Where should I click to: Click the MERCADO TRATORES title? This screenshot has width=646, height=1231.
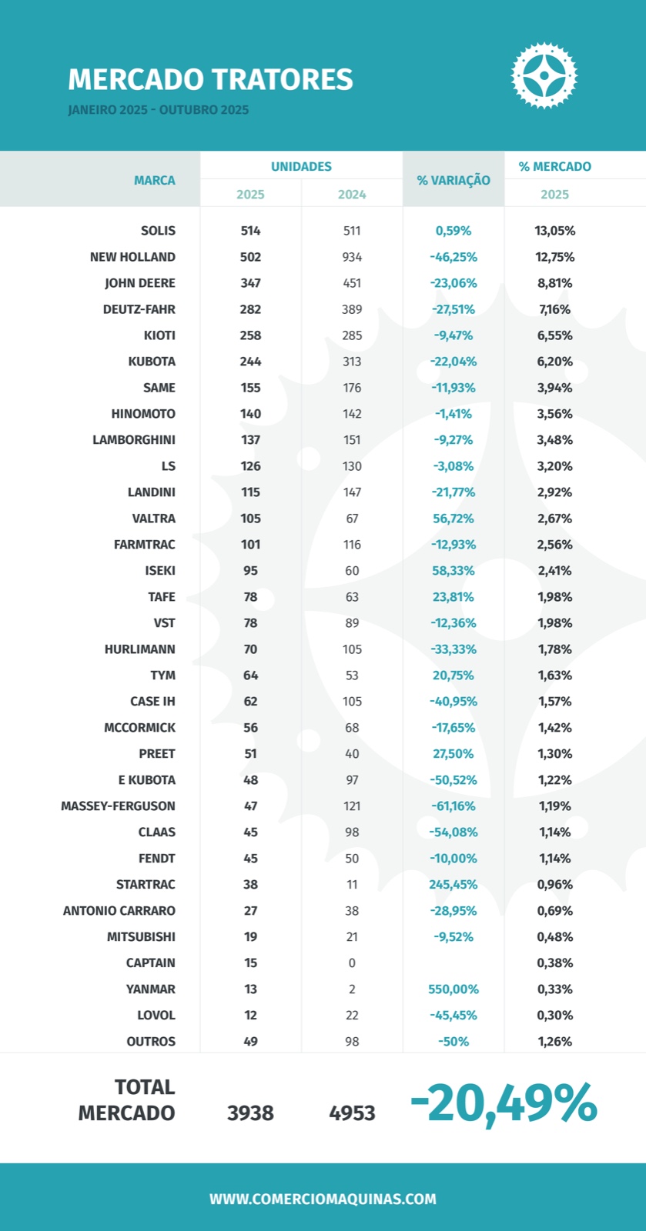pos(210,79)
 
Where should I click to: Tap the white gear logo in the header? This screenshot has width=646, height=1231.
pos(544,75)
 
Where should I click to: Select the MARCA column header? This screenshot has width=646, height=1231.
pos(154,180)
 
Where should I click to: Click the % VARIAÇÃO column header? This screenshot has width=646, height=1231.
pos(454,180)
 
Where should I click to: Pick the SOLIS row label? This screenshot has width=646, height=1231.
pos(158,231)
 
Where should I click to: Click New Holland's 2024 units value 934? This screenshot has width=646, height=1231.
pos(352,257)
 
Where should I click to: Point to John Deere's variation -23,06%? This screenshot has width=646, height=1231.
pos(454,283)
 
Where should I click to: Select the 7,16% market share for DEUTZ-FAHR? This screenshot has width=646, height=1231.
pos(554,309)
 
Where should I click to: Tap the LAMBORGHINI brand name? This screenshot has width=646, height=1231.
pos(134,440)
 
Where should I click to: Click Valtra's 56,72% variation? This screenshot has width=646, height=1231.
pos(454,519)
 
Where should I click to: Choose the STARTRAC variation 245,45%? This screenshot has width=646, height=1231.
pos(454,885)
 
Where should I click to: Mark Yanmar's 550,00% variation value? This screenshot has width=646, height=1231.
pos(454,989)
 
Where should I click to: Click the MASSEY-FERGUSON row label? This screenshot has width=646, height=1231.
pos(119,806)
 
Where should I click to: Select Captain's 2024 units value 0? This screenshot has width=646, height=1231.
pos(352,963)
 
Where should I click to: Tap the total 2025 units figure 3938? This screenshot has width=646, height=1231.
pos(250,1113)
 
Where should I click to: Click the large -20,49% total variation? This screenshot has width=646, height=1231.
pos(504,1104)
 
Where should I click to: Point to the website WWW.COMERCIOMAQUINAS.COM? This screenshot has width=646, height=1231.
pos(323,1199)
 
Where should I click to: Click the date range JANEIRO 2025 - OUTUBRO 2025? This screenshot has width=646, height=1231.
pos(159,110)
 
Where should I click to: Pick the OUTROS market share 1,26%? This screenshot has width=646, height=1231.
pos(554,1042)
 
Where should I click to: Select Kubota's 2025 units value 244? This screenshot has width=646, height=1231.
pos(250,362)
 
